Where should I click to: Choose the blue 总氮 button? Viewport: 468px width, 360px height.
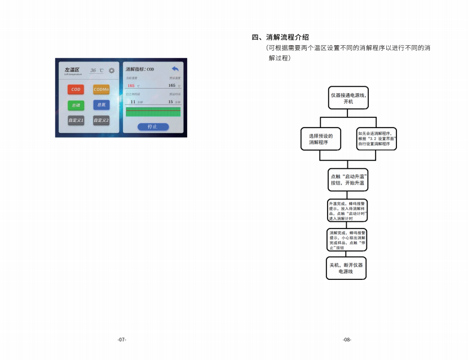point(101,105)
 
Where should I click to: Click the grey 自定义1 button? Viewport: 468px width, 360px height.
point(76,120)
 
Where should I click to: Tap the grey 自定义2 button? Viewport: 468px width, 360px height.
point(101,120)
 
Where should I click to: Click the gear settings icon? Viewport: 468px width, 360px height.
point(112,71)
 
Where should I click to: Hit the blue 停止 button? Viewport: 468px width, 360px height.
point(153,127)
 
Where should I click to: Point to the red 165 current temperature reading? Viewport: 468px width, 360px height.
point(131,86)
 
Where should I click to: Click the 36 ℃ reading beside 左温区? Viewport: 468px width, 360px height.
point(96,71)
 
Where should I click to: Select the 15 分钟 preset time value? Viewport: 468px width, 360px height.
point(171,102)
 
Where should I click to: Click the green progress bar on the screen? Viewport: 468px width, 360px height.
point(153,112)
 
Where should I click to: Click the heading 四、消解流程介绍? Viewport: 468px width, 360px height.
point(280,37)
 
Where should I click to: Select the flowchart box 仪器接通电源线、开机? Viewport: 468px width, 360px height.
point(348,98)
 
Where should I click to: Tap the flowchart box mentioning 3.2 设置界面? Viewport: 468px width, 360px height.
point(377,138)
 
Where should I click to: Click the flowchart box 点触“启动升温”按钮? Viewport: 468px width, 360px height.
point(348,179)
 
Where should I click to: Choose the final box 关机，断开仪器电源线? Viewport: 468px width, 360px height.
point(346,268)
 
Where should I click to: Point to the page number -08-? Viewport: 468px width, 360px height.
point(347,340)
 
